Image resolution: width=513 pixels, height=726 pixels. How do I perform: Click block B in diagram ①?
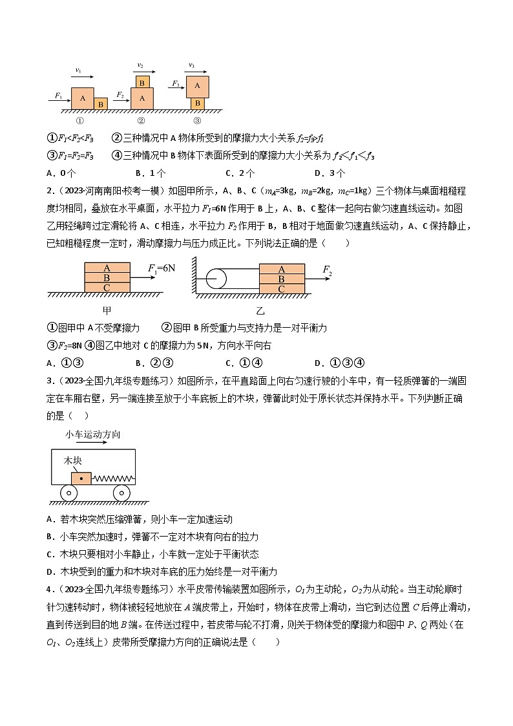pyautogui.click(x=101, y=104)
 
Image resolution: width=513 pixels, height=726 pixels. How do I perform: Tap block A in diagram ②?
pyautogui.click(x=141, y=98)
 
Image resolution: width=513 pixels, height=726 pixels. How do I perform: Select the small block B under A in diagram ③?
pyautogui.click(x=197, y=103)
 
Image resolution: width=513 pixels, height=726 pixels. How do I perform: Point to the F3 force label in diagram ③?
pyautogui.click(x=175, y=83)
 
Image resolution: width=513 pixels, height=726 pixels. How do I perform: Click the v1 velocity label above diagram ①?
pyautogui.click(x=78, y=69)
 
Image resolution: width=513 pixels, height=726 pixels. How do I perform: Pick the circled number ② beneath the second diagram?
pyautogui.click(x=141, y=120)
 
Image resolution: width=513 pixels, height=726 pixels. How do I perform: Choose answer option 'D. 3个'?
pyautogui.click(x=330, y=173)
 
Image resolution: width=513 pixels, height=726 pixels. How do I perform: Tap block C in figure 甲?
pyautogui.click(x=107, y=288)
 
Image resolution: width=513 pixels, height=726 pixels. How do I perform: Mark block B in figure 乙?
pyautogui.click(x=282, y=279)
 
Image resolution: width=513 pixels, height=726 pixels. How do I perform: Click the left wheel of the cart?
pyautogui.click(x=67, y=493)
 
